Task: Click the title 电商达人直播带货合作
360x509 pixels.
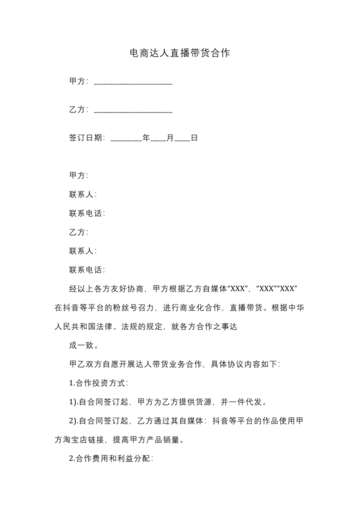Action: coord(179,53)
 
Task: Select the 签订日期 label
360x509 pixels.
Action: coord(87,138)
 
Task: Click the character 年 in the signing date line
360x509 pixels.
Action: coord(146,138)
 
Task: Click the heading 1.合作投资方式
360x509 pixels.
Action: coord(98,383)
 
